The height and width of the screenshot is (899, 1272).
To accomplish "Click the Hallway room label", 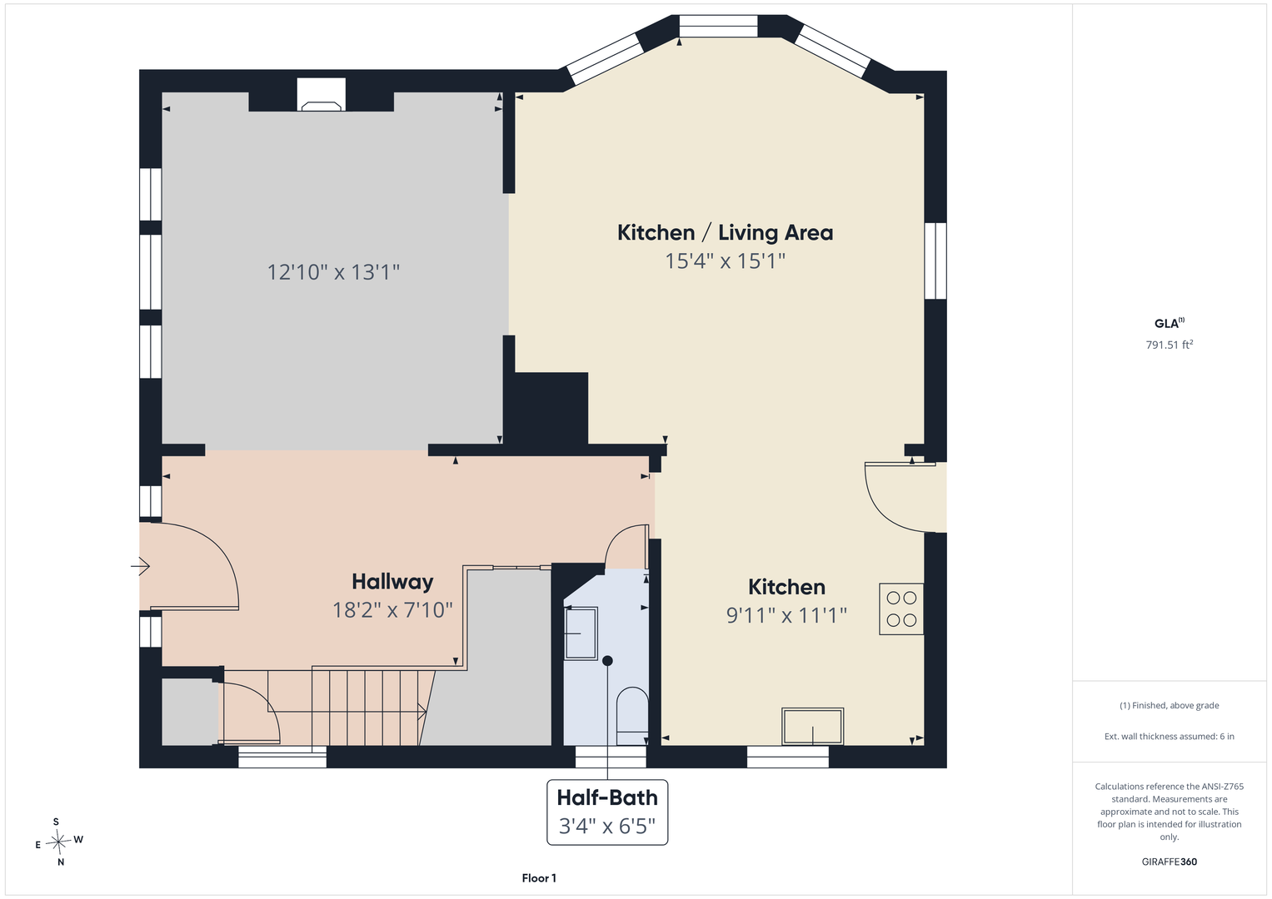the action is tap(392, 582).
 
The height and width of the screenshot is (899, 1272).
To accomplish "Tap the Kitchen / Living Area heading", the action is tap(726, 233).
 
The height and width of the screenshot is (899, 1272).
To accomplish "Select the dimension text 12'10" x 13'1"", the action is tap(333, 272).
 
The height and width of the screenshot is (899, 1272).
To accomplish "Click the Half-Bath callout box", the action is tap(607, 812).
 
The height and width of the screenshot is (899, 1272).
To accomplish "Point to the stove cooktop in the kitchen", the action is tap(901, 609).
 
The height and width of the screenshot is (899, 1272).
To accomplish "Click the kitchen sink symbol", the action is tap(813, 726).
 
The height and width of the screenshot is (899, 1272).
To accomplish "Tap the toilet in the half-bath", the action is tap(632, 716).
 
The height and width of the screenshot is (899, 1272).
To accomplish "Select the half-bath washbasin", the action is tap(581, 633).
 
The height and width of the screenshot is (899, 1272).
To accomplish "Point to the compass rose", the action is tap(58, 842).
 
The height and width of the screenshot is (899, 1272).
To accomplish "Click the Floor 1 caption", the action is tap(539, 878).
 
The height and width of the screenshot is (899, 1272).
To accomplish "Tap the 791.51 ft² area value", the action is tap(1170, 345).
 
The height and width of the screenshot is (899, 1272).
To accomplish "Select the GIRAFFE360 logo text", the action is tap(1170, 862).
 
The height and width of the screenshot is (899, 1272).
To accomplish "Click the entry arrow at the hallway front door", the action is tap(140, 566).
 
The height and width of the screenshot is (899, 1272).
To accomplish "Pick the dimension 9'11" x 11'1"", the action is tap(786, 615).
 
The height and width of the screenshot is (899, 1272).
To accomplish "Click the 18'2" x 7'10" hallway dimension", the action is tap(392, 610).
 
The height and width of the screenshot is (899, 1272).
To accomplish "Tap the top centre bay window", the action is tap(718, 26).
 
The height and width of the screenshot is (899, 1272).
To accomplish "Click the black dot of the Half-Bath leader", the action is tap(607, 661).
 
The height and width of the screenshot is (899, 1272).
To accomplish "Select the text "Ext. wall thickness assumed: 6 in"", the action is tap(1170, 736).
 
